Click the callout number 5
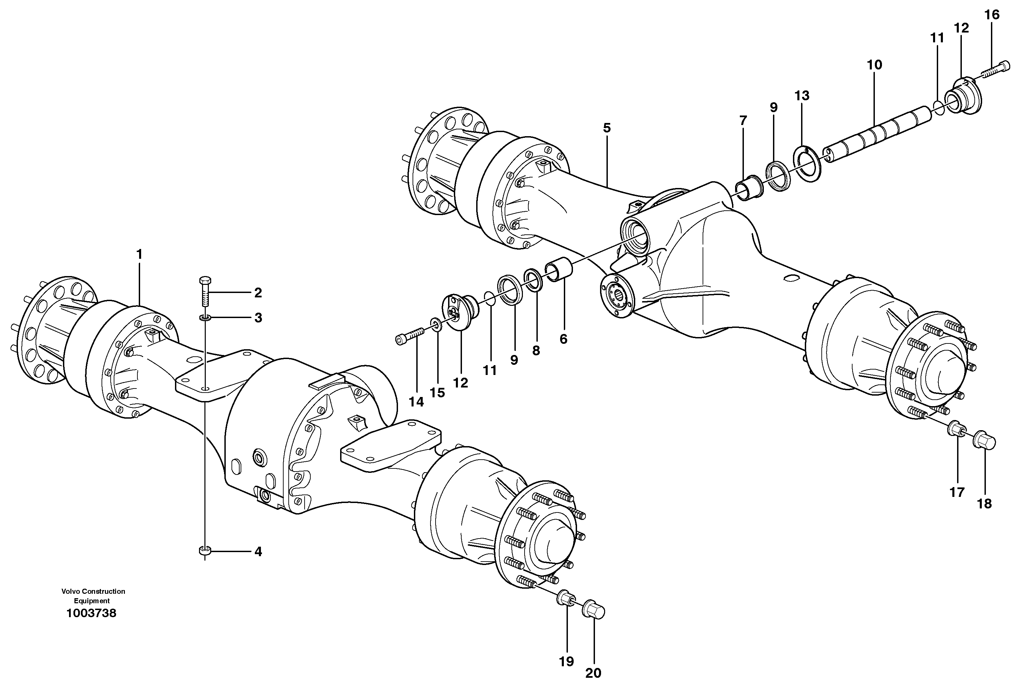606,128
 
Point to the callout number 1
139,254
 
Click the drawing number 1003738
91,613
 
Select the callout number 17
957,492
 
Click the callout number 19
566,661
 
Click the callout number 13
802,96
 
